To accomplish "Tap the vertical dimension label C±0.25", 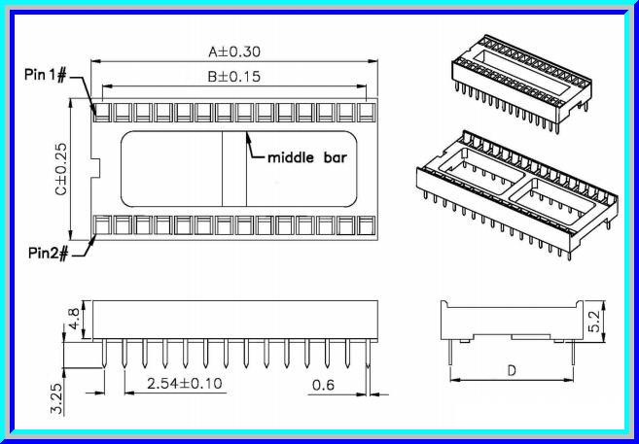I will point(60,169).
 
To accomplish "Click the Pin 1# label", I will point(46,75).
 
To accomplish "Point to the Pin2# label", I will point(47,253).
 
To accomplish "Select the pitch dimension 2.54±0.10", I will point(184,383).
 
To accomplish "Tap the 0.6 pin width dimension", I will point(324,385).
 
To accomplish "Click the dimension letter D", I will point(511,370).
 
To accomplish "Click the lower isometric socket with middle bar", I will point(515,189).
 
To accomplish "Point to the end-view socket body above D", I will point(511,319).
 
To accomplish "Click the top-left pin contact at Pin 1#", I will point(101,113).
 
